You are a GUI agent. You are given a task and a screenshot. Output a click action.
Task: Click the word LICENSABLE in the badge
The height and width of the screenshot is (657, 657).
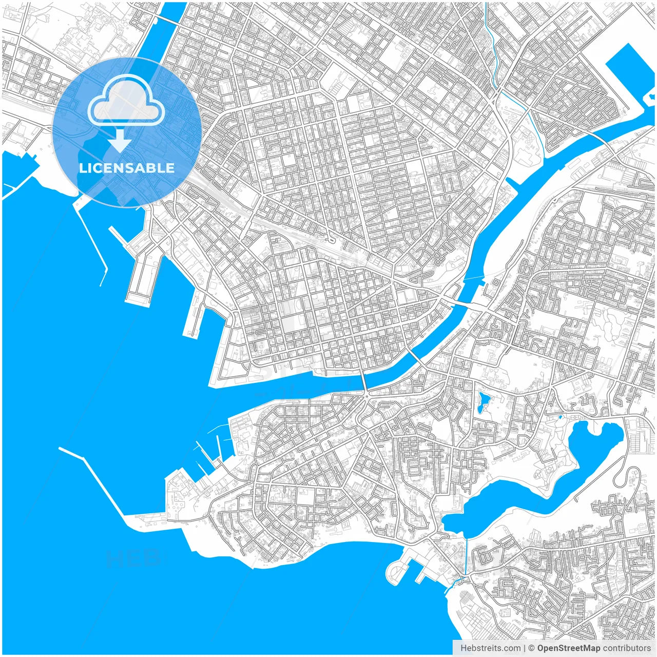tap(126, 168)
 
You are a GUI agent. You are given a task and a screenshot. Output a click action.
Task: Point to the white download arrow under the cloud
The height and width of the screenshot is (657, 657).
tap(120, 140)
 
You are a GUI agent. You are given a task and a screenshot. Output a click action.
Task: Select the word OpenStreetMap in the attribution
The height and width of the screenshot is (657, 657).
tap(568, 648)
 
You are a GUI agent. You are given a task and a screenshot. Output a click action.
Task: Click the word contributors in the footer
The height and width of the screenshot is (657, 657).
tap(627, 648)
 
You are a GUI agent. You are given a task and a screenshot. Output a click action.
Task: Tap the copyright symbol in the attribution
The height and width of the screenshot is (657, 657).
tap(531, 648)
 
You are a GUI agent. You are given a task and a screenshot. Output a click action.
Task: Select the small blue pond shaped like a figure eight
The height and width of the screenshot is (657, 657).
tap(482, 402)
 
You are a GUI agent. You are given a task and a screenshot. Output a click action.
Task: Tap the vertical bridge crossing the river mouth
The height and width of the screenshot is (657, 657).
tap(363, 380)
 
